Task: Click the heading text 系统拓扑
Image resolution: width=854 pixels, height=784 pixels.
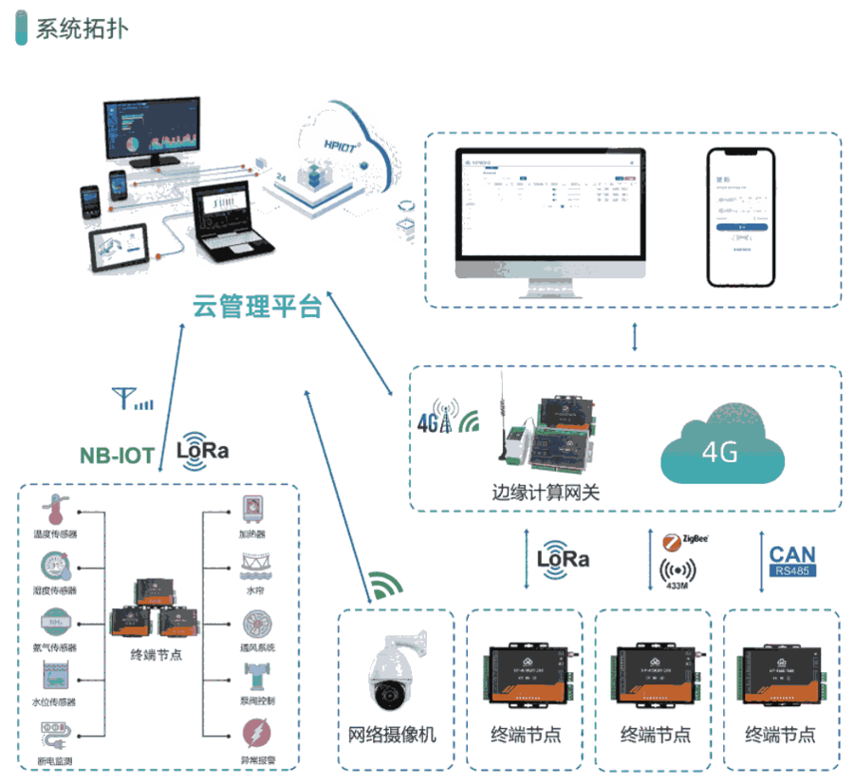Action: [x=81, y=28]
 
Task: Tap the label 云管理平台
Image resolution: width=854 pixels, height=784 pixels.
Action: [x=257, y=308]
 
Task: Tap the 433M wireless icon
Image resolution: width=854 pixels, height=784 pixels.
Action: [x=677, y=572]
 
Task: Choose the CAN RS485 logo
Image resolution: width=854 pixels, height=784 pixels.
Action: [x=791, y=561]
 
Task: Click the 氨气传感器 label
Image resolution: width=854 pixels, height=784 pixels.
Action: [x=55, y=647]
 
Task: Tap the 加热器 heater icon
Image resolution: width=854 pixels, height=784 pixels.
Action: [x=252, y=511]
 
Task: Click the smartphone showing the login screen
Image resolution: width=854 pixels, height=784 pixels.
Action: [x=740, y=216]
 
